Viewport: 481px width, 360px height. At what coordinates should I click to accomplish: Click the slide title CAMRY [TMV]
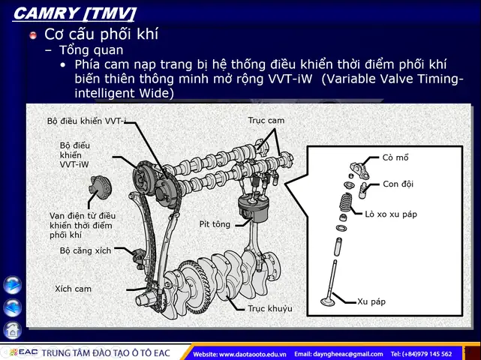click(x=74, y=13)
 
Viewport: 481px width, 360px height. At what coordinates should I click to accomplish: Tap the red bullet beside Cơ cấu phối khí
click(x=33, y=35)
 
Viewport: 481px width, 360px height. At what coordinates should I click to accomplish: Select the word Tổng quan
click(x=91, y=50)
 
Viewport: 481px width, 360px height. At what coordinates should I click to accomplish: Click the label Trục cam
click(x=266, y=121)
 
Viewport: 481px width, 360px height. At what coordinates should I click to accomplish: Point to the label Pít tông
click(x=215, y=224)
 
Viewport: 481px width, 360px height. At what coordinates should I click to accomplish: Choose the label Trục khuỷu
click(x=270, y=308)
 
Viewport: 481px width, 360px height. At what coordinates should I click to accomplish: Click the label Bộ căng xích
click(x=86, y=250)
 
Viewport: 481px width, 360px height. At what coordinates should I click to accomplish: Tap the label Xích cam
click(x=73, y=289)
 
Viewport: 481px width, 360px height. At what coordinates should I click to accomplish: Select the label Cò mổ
click(x=395, y=157)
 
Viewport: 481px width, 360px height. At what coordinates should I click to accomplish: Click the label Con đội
click(x=398, y=184)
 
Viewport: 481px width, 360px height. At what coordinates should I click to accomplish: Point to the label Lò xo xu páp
click(x=391, y=214)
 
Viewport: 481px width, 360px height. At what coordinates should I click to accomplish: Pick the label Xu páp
click(x=371, y=301)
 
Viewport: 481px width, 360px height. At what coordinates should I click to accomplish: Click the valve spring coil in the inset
click(x=346, y=202)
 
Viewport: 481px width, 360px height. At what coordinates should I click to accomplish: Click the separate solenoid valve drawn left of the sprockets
click(x=100, y=187)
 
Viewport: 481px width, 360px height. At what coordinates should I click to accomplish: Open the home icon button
click(x=13, y=330)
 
